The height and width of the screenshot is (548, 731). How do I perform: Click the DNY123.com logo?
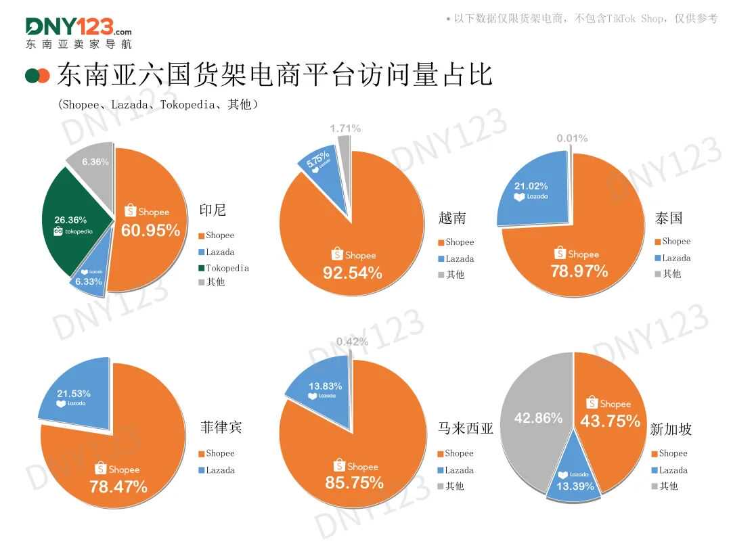pyautogui.click(x=79, y=32)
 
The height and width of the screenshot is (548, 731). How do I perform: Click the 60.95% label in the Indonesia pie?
pyautogui.click(x=150, y=230)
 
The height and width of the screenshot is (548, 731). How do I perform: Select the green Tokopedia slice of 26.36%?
pyautogui.click(x=71, y=216)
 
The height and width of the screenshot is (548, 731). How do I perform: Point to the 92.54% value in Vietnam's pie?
pyautogui.click(x=353, y=273)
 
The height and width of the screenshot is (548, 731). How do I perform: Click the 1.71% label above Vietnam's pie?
pyautogui.click(x=345, y=129)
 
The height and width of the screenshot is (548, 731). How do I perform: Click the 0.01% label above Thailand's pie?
pyautogui.click(x=572, y=139)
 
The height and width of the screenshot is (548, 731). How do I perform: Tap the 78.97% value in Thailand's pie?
pyautogui.click(x=578, y=271)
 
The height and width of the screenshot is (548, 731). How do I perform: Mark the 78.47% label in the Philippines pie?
pyautogui.click(x=118, y=486)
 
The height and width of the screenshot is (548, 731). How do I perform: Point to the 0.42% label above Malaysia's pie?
pyautogui.click(x=352, y=342)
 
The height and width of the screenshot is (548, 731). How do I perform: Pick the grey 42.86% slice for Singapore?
pyautogui.click(x=538, y=426)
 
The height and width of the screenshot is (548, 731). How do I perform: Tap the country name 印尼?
pyautogui.click(x=212, y=210)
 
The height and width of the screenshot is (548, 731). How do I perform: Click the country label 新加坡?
pyautogui.click(x=671, y=430)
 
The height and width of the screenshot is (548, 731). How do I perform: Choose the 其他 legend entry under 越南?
pyautogui.click(x=455, y=275)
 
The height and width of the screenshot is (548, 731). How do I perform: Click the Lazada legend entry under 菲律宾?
pyautogui.click(x=219, y=470)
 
